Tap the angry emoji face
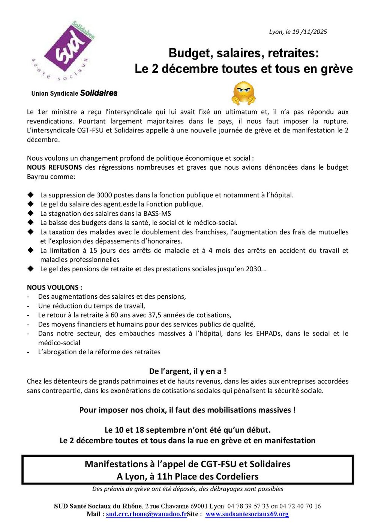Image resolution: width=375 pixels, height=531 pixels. point(243,93)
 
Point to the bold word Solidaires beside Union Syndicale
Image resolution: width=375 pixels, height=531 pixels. point(99,93)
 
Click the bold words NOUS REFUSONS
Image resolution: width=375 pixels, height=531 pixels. point(54,167)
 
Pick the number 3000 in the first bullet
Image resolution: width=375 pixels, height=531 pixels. point(104,195)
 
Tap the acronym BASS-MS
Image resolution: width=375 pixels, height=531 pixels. point(157,214)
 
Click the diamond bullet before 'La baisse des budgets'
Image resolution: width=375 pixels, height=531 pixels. point(31,223)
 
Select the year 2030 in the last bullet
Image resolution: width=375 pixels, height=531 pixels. point(253,269)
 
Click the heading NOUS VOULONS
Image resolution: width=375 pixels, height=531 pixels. point(54,287)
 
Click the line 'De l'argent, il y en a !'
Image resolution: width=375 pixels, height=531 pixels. point(187,371)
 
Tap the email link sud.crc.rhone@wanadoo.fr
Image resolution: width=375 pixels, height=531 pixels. point(146,514)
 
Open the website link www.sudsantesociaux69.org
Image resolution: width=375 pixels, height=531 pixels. point(247,514)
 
